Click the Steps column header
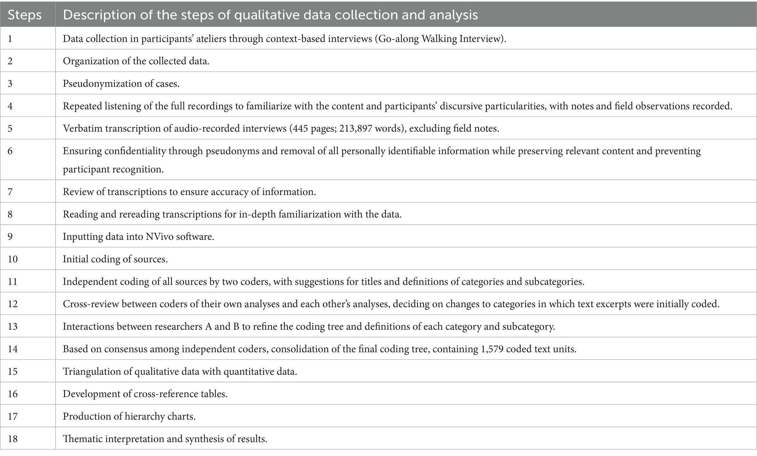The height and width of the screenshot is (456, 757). [24, 15]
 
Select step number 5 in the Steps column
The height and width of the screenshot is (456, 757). [10, 128]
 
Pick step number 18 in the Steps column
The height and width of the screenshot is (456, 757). [12, 439]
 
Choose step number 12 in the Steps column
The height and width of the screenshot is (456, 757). [12, 304]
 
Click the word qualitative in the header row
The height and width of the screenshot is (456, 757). [264, 15]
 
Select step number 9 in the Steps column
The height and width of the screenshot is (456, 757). [10, 237]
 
